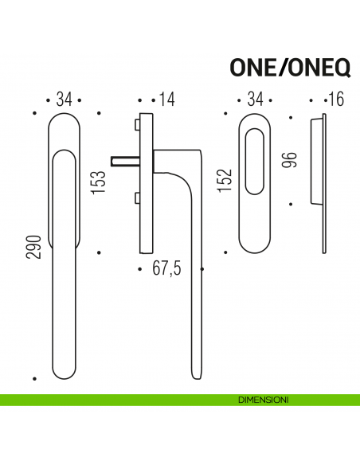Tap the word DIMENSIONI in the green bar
(x=264, y=397)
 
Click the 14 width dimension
(x=166, y=100)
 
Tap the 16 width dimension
(x=334, y=100)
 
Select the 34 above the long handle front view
(x=65, y=100)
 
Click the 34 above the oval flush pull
(x=256, y=100)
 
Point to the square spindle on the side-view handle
(x=124, y=160)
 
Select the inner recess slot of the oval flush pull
(x=256, y=162)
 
